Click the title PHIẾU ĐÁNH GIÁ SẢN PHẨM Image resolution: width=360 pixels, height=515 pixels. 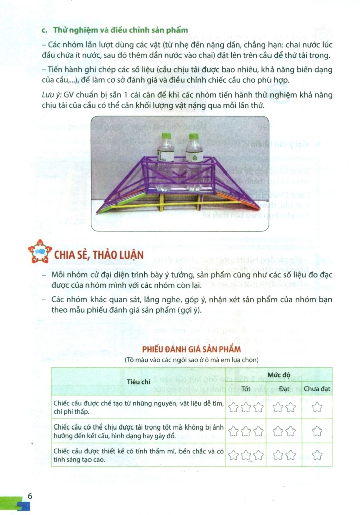191,349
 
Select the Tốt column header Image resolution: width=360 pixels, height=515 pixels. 246,388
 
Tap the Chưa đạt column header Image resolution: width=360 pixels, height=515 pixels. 317,388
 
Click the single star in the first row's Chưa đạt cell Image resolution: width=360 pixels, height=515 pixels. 317,408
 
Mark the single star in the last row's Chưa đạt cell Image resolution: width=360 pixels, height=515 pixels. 317,454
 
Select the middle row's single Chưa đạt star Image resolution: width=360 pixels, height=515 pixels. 317,431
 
